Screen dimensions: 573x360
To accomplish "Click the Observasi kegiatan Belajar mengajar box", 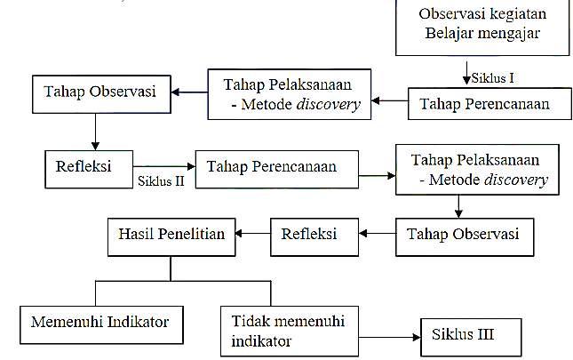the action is tap(481, 27).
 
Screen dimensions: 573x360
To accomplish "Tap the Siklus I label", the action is tap(492, 78).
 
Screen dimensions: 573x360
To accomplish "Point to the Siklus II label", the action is tap(160, 180).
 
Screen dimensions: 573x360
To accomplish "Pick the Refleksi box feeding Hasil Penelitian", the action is tap(309, 234).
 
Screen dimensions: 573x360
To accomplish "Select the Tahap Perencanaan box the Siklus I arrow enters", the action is tap(484, 103).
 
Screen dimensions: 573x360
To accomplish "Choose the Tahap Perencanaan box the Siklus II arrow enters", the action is tap(272, 166).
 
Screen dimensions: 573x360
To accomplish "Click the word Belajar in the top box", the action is tap(449, 36).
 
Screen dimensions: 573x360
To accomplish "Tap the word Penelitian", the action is tap(198, 234).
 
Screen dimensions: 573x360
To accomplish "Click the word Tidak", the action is tap(251, 321).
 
